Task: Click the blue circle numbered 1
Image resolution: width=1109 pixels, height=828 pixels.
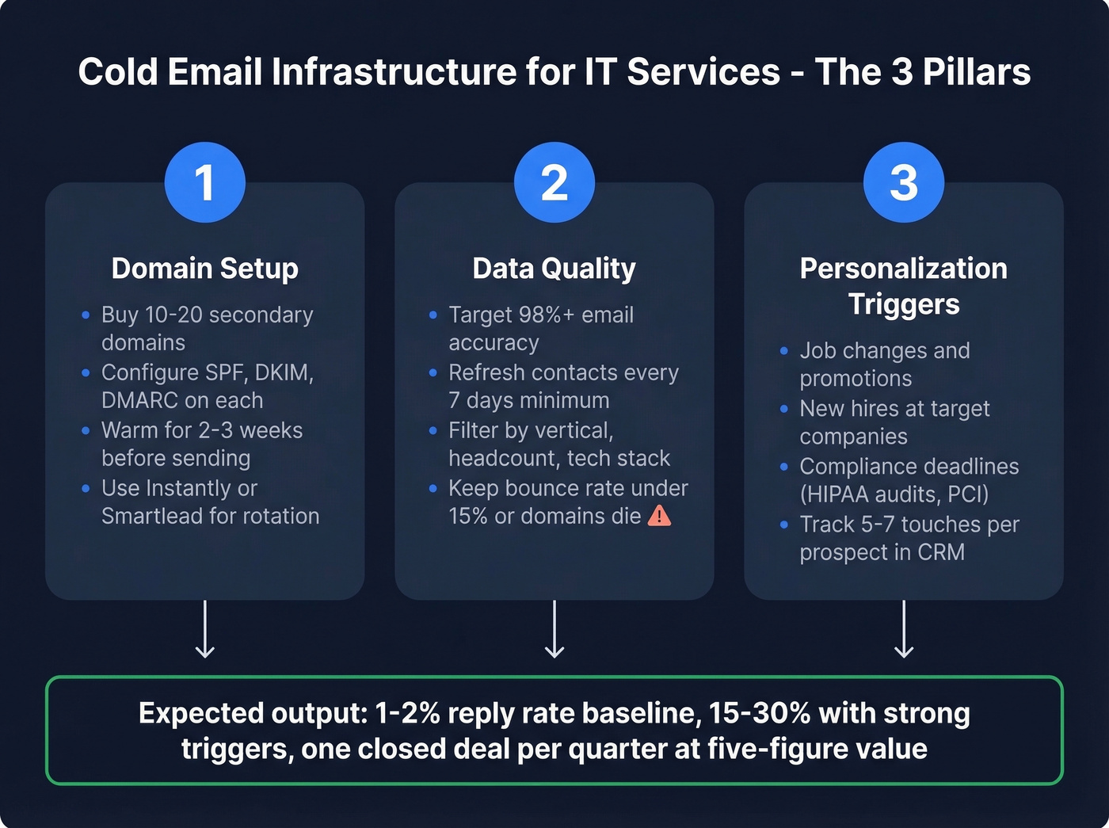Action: (205, 182)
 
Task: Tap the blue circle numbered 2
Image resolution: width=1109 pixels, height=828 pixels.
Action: (554, 182)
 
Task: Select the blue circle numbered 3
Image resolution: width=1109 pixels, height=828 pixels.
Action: (904, 182)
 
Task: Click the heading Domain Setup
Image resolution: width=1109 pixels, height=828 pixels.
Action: (205, 269)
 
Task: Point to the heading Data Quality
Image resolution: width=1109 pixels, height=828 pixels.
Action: (554, 269)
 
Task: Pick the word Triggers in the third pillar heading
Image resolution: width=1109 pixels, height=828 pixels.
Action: (904, 304)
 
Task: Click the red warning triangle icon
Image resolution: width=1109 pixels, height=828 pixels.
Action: (659, 516)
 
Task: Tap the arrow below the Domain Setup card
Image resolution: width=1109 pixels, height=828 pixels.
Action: (205, 629)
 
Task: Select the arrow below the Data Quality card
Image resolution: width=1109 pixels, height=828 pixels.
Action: (554, 629)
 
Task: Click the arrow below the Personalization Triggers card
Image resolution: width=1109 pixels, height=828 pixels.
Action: (904, 629)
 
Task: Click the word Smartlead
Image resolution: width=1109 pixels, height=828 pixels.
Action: (153, 517)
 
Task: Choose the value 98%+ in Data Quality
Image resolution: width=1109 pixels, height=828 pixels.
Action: (546, 315)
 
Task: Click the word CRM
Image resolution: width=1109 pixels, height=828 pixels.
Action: (941, 552)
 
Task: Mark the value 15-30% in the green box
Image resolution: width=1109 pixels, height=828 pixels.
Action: (759, 713)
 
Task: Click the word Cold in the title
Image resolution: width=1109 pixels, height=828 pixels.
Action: (117, 72)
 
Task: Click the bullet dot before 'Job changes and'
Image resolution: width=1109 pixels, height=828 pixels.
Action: (784, 351)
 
